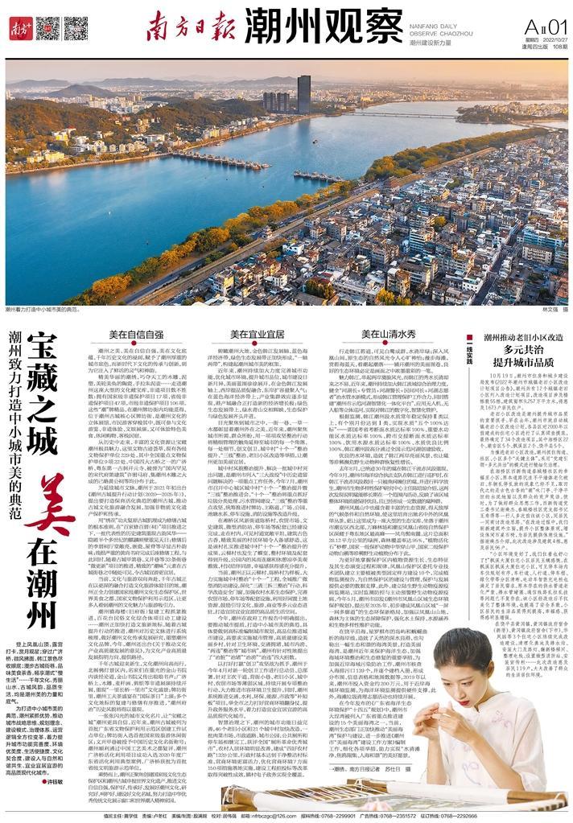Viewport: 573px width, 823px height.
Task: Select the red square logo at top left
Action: pos(18,29)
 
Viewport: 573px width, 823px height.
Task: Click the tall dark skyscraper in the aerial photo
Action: pos(303,94)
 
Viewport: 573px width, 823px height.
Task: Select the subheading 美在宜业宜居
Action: pos(257,333)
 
